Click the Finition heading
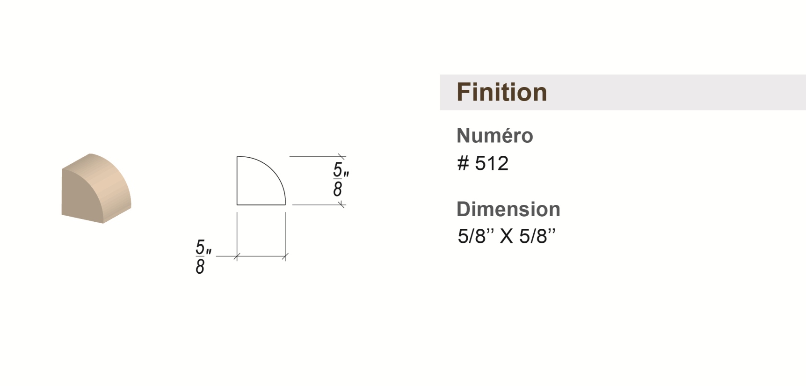(x=501, y=92)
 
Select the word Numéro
(x=494, y=136)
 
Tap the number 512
(x=491, y=163)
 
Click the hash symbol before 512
(x=463, y=163)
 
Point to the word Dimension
(x=508, y=209)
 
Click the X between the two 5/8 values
(x=507, y=236)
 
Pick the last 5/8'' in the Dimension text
(x=537, y=236)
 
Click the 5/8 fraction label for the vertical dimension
(x=341, y=180)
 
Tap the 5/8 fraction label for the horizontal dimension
(x=203, y=256)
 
